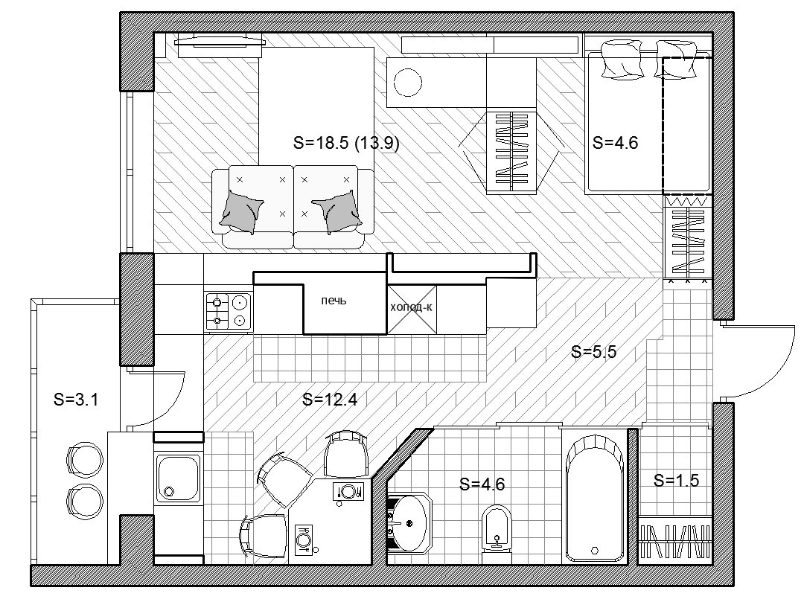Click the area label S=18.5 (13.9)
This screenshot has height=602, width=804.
[x=346, y=142]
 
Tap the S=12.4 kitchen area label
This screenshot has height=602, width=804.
[x=330, y=399]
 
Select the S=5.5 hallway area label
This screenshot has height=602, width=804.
[x=594, y=351]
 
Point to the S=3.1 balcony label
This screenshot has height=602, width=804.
[x=76, y=399]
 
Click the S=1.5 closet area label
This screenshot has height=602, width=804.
[x=676, y=480]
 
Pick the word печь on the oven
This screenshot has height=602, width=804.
[x=334, y=301]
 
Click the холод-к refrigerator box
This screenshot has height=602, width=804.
[x=412, y=310]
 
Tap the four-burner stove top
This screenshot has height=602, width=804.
[x=229, y=311]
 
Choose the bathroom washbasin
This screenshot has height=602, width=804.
[x=408, y=522]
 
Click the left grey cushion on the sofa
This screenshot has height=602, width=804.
[x=240, y=211]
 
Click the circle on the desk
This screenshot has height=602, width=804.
[x=408, y=82]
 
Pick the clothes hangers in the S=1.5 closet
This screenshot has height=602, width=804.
[x=676, y=541]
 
